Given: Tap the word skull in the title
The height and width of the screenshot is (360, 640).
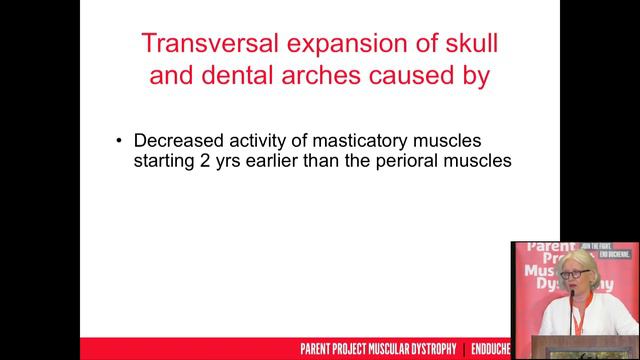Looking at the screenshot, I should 468,45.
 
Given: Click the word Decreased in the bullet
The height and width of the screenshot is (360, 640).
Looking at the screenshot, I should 179,140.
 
